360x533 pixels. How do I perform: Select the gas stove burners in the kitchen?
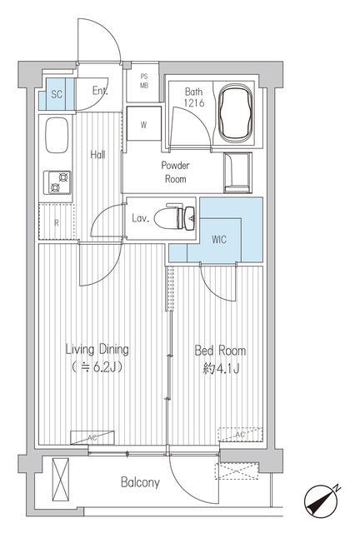point(57,182)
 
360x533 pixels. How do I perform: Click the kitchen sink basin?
point(57,136)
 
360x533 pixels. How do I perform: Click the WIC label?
point(219,240)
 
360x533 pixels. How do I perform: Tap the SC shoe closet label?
point(57,94)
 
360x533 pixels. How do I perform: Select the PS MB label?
point(144,82)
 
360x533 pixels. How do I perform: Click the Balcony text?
point(140,482)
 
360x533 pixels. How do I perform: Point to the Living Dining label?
point(97,350)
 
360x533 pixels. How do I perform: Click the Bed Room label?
point(220,351)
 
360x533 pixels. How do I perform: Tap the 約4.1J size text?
point(221,368)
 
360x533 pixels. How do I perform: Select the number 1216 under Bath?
point(194,103)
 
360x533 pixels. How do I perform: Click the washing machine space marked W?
point(143,123)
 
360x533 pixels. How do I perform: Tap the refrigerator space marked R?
point(57,222)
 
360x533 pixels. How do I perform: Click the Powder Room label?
point(175,172)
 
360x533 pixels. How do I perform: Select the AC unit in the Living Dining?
point(92,437)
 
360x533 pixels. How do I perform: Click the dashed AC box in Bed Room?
point(240,435)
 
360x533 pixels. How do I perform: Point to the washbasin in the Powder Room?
point(237,172)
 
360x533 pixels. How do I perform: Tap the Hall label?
point(97,155)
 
